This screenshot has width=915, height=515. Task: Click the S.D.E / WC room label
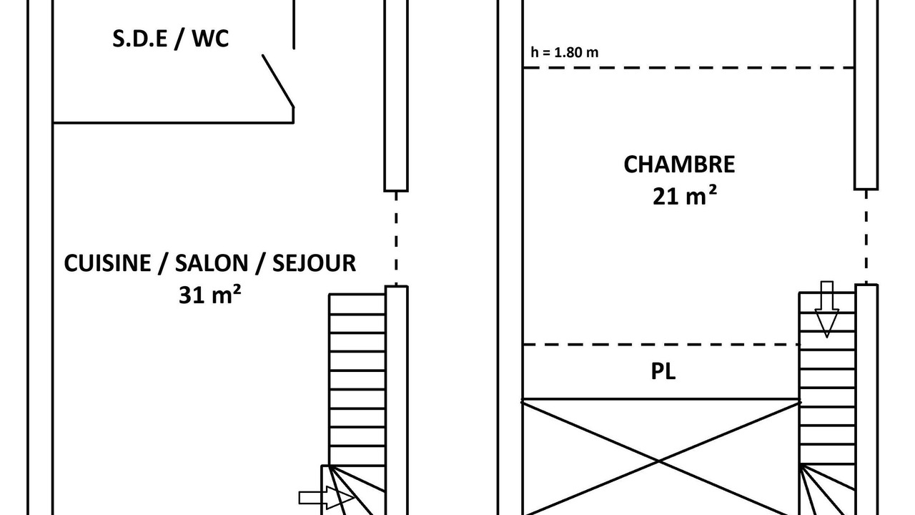170,39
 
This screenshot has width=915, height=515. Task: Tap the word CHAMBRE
679,165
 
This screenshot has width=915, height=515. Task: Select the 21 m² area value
684,196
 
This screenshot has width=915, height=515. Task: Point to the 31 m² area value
209,294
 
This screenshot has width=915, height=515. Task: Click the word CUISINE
107,263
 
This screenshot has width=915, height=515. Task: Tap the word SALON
212,263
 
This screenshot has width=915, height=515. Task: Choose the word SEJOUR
314,263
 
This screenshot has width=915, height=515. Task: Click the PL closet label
663,371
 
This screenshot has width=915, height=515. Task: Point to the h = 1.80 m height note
565,52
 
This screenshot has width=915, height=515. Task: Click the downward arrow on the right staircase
827,309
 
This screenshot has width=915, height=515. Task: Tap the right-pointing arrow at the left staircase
327,498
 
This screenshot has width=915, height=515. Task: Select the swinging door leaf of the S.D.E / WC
278,81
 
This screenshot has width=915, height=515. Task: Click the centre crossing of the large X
659,461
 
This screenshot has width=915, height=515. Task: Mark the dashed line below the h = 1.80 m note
688,68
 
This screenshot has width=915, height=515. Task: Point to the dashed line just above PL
661,345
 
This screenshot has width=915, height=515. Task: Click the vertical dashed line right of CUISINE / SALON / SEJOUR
396,238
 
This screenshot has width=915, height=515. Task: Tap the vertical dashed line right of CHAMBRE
866,237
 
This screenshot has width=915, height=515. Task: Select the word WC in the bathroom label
210,39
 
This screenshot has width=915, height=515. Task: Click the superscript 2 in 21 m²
713,190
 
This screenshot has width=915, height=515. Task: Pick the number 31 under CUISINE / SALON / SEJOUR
192,295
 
